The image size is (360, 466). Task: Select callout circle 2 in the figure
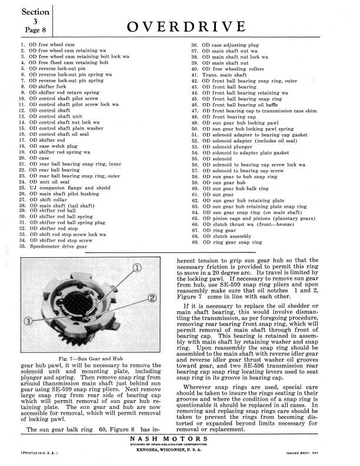(152, 297)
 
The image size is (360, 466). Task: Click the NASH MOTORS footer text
(180, 439)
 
